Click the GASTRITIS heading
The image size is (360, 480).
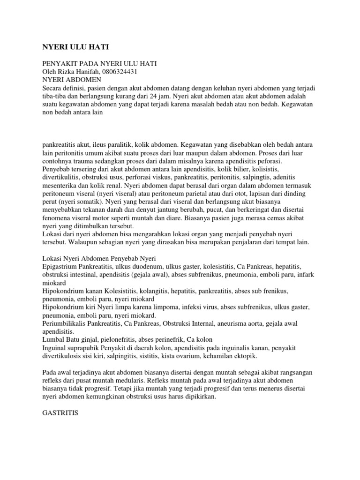[x=60, y=414]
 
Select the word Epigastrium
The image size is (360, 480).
[x=60, y=267]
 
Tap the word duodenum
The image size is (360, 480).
[x=153, y=267]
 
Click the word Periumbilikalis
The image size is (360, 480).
[x=66, y=323]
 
